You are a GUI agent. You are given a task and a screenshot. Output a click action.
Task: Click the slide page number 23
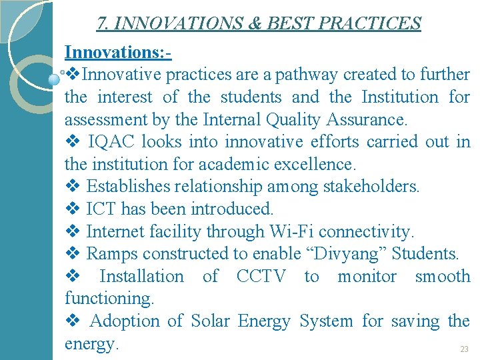(x=464, y=349)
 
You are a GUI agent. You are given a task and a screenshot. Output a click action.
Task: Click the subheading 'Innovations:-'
(x=118, y=52)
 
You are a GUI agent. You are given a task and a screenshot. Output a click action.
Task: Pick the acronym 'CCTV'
(x=261, y=276)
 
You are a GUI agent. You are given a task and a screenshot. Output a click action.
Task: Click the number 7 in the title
(x=102, y=24)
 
